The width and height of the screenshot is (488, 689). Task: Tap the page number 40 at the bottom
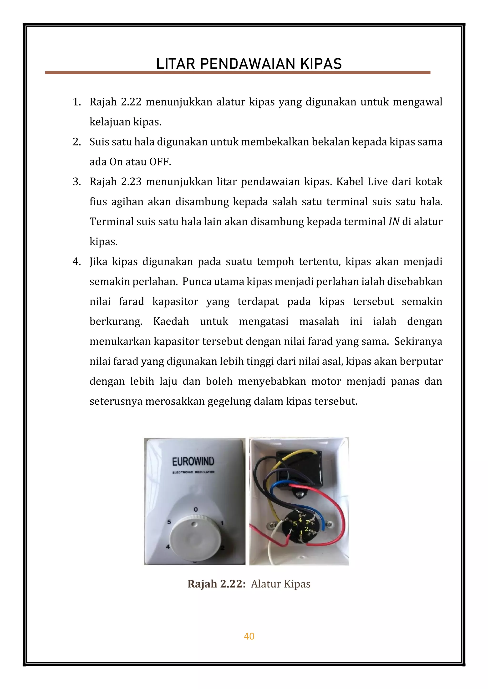(x=249, y=636)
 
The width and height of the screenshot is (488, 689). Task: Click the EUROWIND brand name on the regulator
(x=193, y=462)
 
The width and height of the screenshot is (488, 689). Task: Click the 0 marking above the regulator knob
(x=196, y=509)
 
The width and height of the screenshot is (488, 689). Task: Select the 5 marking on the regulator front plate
(x=169, y=522)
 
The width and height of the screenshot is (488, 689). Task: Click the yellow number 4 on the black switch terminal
(x=300, y=520)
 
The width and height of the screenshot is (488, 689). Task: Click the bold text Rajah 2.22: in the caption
(x=217, y=584)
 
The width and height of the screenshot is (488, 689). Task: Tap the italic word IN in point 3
(x=394, y=222)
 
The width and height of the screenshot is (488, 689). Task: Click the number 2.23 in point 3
(x=131, y=182)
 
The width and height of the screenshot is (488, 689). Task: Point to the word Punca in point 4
(x=197, y=282)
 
